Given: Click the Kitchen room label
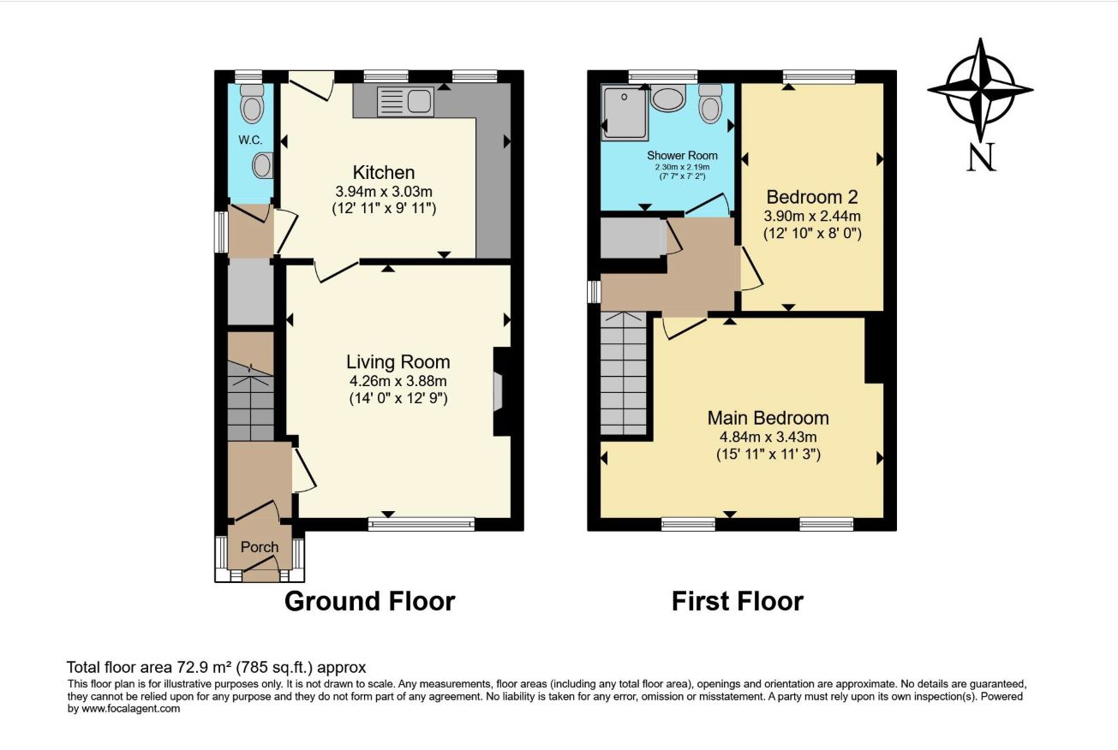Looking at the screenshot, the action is point(383,173).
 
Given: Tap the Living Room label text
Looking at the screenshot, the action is point(398,362).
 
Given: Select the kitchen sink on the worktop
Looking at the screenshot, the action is point(405,102).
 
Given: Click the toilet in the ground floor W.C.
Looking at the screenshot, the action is point(251,104).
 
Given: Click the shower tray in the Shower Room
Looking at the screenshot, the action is point(625,112).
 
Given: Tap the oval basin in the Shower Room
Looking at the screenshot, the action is point(668,98).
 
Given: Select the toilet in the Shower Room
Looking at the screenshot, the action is point(709,104).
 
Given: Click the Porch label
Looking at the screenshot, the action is point(260,547).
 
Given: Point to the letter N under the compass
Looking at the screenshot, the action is point(981,157).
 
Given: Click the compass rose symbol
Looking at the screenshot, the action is point(980,90).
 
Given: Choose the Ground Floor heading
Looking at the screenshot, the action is point(370,601).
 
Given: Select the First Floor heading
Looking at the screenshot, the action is point(737,601).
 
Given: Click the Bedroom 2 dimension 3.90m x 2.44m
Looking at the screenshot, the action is point(812,217).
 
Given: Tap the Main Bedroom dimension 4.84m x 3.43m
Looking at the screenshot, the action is point(768,437).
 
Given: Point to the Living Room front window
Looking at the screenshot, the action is point(421,524).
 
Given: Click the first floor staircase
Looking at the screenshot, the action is point(624,373).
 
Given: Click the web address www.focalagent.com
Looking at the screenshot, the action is point(131,709).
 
